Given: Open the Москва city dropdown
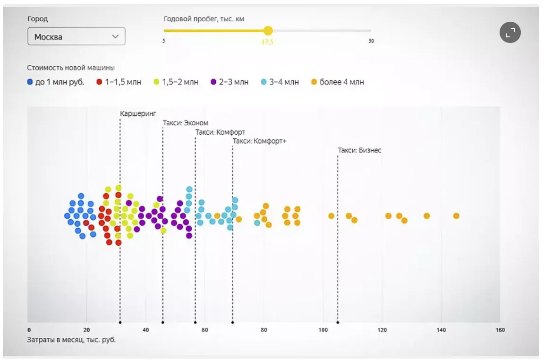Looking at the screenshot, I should pos(76,36).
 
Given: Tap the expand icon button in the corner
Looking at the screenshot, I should pos(510,33).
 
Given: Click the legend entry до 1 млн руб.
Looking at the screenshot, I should pos(56,82).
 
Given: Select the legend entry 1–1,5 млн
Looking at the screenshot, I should pos(119,82).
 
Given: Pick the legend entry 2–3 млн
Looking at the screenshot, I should pos(229,82).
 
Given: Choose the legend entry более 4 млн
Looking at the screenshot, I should pos(338,82).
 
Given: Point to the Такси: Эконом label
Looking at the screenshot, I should pos(186,123).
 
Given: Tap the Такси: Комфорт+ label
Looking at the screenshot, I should pos(260,141).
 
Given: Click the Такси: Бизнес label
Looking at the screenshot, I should pos(359,150).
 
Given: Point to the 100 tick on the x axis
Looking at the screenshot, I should pos(323,330).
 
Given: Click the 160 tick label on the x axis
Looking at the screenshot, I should pos(500,330).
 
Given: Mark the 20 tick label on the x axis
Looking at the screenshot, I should pos(86,330).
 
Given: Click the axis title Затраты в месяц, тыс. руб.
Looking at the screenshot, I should pos(72,340).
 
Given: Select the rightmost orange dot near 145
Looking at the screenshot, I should pos(456,216).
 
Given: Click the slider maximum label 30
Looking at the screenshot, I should pos(371,41).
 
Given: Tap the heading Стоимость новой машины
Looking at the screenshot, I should pos(71,68).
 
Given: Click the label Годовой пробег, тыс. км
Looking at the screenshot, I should pos(204,19).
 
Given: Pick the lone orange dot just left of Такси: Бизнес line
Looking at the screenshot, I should pos(331,216).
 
